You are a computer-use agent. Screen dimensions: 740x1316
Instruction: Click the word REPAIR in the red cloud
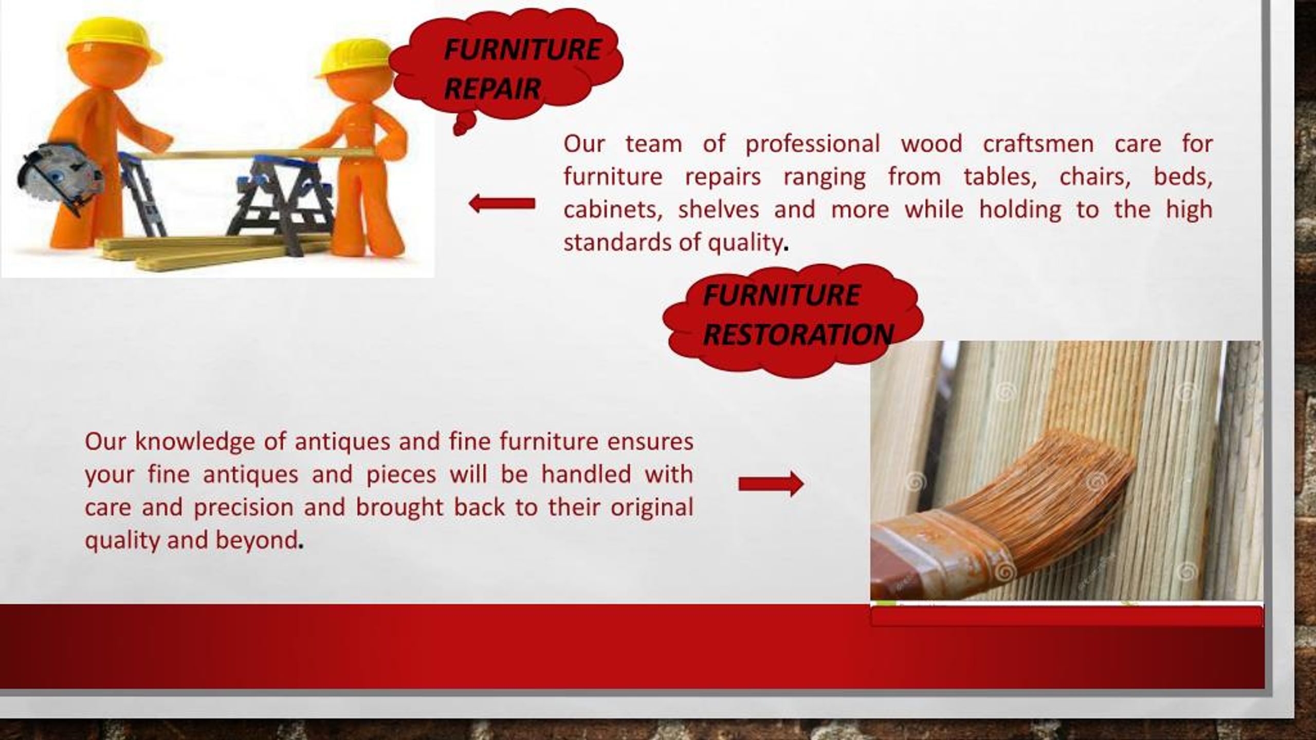492,89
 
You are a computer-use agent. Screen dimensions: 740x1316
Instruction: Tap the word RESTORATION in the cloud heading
797,335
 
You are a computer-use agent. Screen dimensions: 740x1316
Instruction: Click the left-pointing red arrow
502,204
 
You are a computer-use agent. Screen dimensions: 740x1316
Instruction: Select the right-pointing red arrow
771,484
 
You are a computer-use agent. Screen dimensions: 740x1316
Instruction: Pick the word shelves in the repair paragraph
718,210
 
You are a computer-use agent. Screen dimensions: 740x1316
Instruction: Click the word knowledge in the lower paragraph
195,442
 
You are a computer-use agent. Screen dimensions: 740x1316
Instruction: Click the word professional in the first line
812,144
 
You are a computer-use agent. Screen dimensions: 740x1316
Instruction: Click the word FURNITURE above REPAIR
522,50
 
